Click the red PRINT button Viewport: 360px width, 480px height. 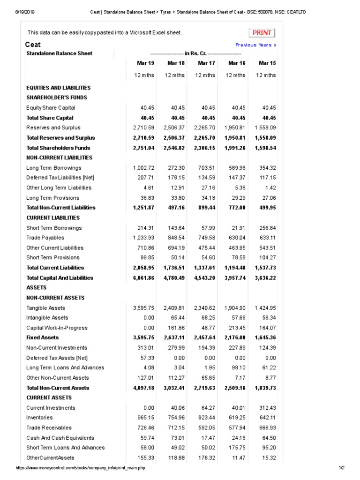tap(262, 33)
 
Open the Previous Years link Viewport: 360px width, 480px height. tap(255, 45)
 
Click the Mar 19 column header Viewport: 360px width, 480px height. tap(145, 63)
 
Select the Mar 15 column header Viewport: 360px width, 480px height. tap(267, 63)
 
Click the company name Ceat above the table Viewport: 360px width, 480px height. tap(33, 45)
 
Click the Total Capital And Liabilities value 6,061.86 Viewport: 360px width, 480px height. tap(143, 278)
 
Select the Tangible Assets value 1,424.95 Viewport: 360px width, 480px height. tap(265, 308)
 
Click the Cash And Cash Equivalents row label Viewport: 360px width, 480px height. tap(60, 438)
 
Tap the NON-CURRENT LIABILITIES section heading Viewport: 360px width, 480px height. tap(60, 158)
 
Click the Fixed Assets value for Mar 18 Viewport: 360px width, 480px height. tap(174, 338)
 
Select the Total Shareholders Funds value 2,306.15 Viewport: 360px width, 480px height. tap(204, 148)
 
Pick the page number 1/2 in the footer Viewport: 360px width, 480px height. tap(341, 468)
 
